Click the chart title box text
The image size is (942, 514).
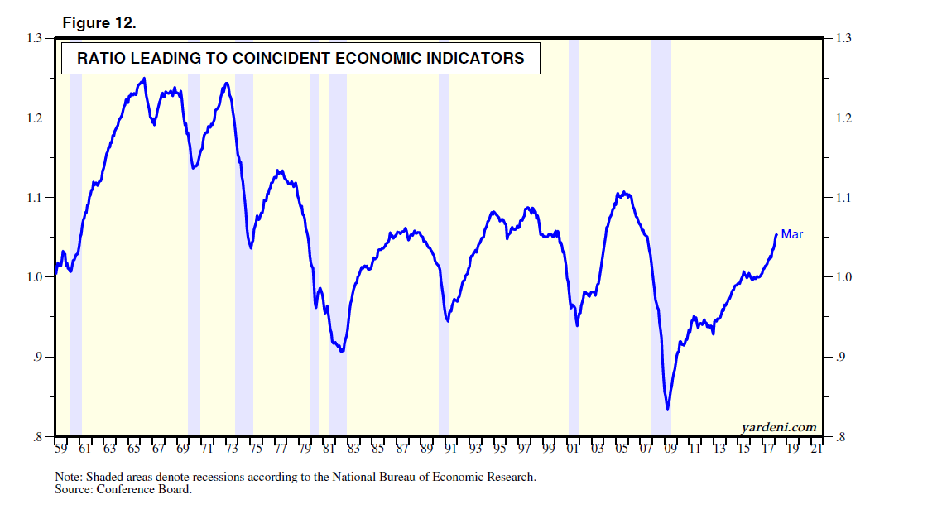pyautogui.click(x=300, y=59)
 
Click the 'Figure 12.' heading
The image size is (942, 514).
pyautogui.click(x=99, y=23)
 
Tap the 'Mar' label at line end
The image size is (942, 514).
pyautogui.click(x=792, y=235)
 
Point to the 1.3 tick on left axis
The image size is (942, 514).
pyautogui.click(x=35, y=38)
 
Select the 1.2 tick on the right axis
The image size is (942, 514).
pyautogui.click(x=843, y=118)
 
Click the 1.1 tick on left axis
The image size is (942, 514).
pyautogui.click(x=35, y=198)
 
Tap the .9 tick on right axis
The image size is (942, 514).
pyautogui.click(x=840, y=358)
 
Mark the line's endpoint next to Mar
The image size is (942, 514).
pyautogui.click(x=776, y=235)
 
